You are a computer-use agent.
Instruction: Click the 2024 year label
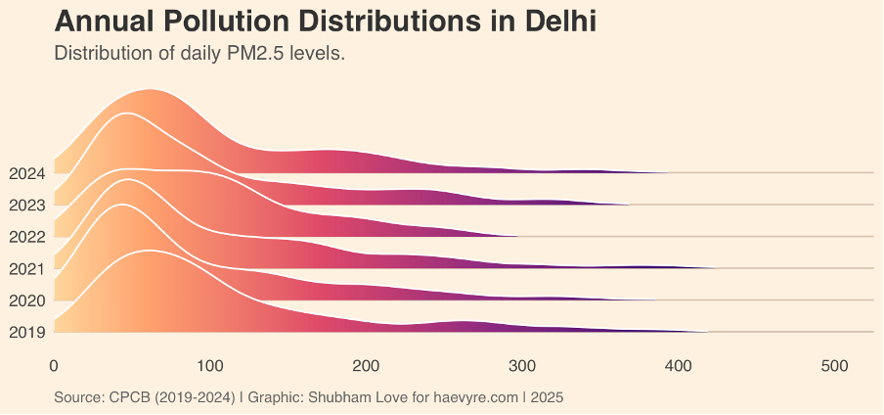click(x=26, y=174)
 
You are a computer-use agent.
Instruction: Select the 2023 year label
click(x=26, y=206)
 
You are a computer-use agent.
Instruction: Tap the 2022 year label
click(x=26, y=237)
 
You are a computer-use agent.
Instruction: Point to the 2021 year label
click(x=26, y=268)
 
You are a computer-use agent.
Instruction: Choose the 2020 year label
click(x=26, y=300)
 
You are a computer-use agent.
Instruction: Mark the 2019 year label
click(x=26, y=332)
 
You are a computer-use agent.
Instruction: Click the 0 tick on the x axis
click(x=54, y=365)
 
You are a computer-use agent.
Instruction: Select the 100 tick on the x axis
click(x=209, y=365)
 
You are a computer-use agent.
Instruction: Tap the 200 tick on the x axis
click(x=366, y=365)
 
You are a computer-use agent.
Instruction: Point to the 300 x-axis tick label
click(x=522, y=365)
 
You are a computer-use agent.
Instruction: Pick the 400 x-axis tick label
click(x=678, y=365)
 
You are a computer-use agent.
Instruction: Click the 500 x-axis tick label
click(x=834, y=365)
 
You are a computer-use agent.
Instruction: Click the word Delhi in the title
click(x=552, y=22)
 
